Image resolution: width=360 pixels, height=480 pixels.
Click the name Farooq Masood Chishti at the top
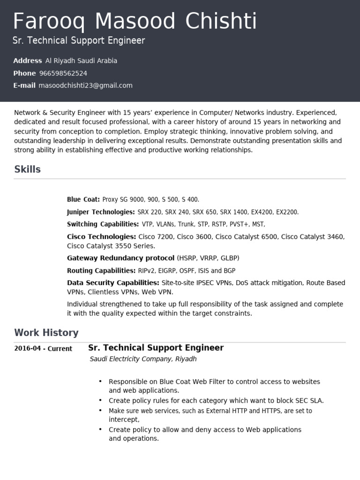coord(135,22)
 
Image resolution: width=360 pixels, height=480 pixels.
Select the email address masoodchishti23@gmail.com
coord(85,85)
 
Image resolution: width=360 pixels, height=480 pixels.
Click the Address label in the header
coord(28,60)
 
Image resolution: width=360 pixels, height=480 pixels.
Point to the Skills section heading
coord(28,169)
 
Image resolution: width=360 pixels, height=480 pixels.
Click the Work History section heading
coord(46,333)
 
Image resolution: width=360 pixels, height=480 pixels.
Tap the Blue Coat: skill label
coord(83,199)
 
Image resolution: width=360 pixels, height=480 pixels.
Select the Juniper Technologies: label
coord(101,212)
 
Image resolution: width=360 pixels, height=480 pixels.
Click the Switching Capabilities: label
coord(103,224)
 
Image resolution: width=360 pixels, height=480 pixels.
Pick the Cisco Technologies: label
coord(101,237)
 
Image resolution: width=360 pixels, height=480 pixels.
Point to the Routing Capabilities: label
coord(101,270)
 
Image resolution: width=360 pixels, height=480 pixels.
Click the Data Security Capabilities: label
coord(113,283)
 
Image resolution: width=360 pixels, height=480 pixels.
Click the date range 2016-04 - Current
coord(43,348)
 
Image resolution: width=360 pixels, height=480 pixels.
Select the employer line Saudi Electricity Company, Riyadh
coord(143,359)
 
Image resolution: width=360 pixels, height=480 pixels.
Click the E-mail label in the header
coord(24,85)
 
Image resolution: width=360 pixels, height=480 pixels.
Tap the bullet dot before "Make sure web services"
coord(100,410)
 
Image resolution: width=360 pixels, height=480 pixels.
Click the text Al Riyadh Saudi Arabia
coord(81,60)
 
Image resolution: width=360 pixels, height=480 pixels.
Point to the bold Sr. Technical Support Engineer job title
coord(156,348)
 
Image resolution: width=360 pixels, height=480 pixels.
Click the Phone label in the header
coord(24,73)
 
